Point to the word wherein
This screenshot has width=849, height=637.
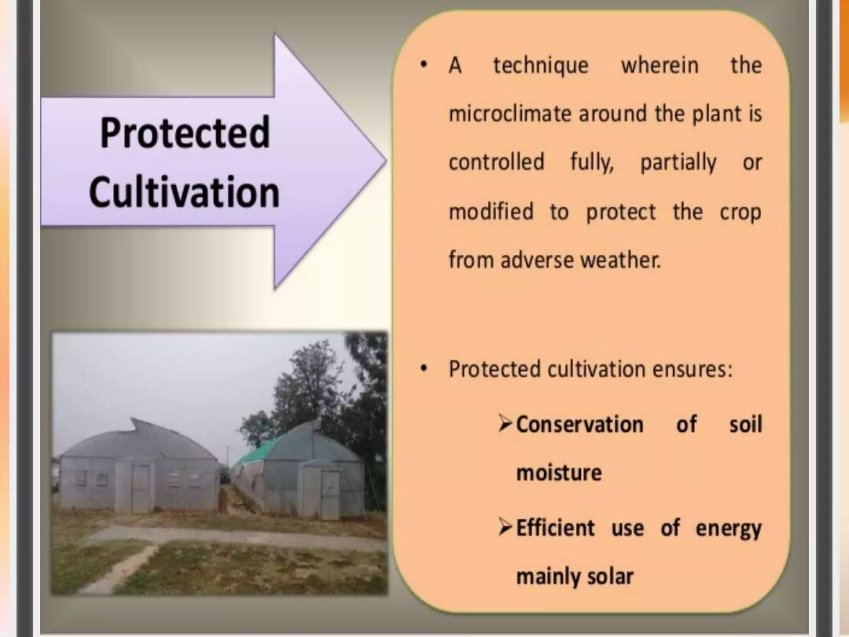click(660, 66)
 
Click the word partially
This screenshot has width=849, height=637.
click(678, 163)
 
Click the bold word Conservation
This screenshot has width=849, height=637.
click(580, 425)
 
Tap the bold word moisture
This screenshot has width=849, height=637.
click(559, 473)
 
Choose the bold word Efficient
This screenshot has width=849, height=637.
click(555, 528)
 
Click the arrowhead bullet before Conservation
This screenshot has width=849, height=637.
click(506, 424)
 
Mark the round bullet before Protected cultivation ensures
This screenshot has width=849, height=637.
click(423, 369)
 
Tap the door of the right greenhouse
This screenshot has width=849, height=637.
click(330, 494)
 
